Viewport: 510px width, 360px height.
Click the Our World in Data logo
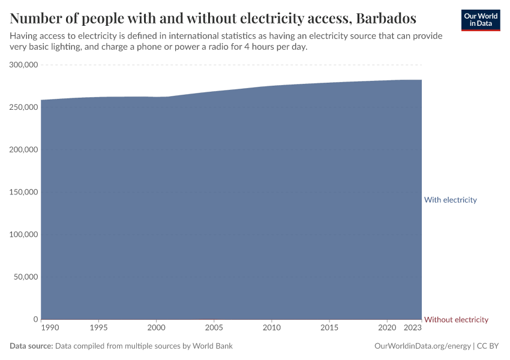click(481, 20)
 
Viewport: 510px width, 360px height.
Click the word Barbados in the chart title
click(386, 17)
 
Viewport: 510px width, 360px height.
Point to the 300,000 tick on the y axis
click(24, 65)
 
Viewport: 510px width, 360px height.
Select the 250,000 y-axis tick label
click(24, 107)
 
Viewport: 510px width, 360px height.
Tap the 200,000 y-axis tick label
click(24, 149)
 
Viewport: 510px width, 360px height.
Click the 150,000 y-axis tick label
click(24, 192)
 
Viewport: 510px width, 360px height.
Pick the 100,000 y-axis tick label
click(24, 235)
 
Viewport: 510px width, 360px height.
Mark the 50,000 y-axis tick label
click(26, 277)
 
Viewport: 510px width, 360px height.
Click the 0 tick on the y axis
click(35, 319)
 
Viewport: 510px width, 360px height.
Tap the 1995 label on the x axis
click(98, 328)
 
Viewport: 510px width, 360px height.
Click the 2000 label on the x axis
click(156, 328)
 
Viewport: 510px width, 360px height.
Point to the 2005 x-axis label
click(214, 328)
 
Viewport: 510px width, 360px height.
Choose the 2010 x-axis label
click(272, 328)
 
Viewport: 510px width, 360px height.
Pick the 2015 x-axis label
click(329, 328)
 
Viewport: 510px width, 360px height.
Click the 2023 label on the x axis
click(412, 328)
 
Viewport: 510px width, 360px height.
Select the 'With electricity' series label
click(450, 200)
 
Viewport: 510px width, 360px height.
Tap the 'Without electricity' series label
click(456, 320)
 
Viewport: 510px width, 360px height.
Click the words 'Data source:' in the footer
click(31, 346)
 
